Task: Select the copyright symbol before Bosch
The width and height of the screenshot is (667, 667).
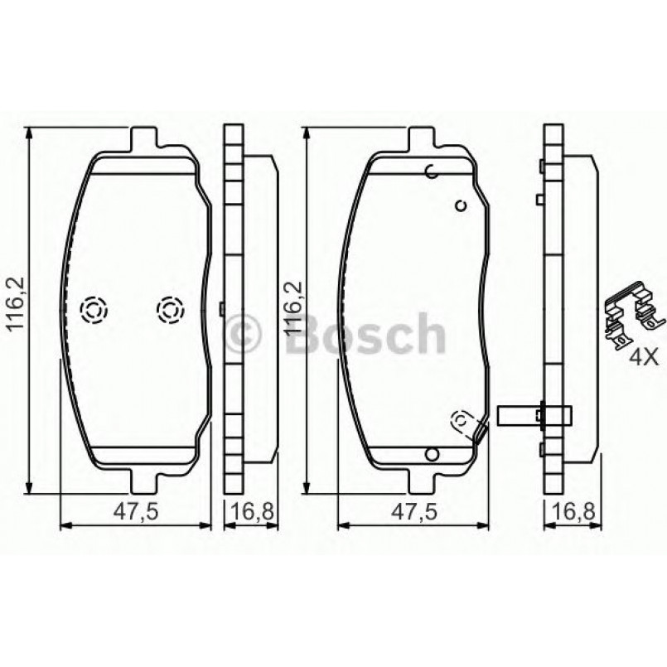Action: pyautogui.click(x=244, y=334)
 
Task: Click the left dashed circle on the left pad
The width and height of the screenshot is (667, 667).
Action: pyautogui.click(x=92, y=311)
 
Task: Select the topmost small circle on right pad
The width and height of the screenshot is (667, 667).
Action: pyautogui.click(x=431, y=172)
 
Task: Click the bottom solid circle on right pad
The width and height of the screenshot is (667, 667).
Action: pyautogui.click(x=430, y=452)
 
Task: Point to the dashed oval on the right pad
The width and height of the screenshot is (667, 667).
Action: pyautogui.click(x=460, y=422)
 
